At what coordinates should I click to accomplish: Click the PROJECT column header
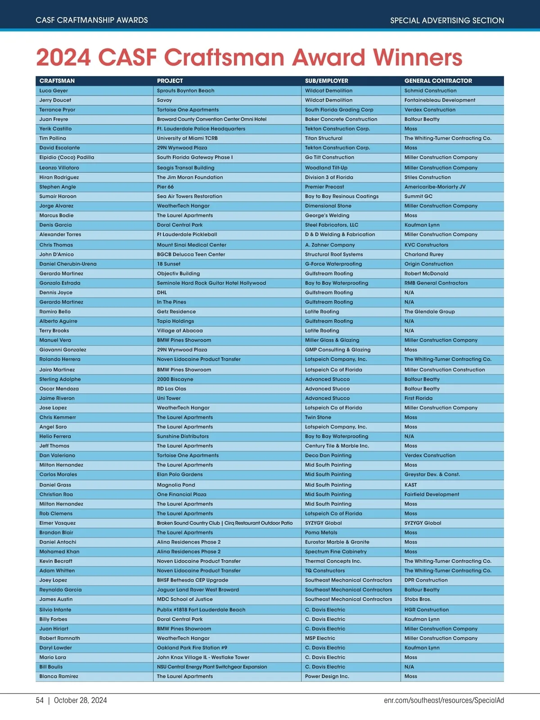(x=170, y=81)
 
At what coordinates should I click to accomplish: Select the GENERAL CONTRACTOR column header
(x=438, y=81)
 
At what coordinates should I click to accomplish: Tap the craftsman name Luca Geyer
(x=54, y=90)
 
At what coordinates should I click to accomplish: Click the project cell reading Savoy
(x=164, y=100)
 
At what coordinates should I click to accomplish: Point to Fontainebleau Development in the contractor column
(x=440, y=100)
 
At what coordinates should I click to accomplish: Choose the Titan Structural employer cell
(x=324, y=138)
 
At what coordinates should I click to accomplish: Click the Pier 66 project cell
(x=165, y=187)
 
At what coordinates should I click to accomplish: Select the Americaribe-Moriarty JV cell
(x=435, y=187)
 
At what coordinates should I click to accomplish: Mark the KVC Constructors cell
(x=426, y=245)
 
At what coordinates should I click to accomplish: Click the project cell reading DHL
(x=162, y=292)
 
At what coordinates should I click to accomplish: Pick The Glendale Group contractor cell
(x=429, y=311)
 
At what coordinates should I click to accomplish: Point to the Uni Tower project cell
(x=169, y=398)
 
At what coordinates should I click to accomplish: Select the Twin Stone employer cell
(x=318, y=417)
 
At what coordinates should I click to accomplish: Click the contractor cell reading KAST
(x=410, y=485)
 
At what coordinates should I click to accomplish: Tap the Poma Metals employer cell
(x=321, y=532)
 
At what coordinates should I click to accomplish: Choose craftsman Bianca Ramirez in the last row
(x=58, y=676)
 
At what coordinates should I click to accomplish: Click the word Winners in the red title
(x=418, y=58)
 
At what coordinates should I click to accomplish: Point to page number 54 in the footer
(x=40, y=700)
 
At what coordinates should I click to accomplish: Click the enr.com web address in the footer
(x=444, y=700)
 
